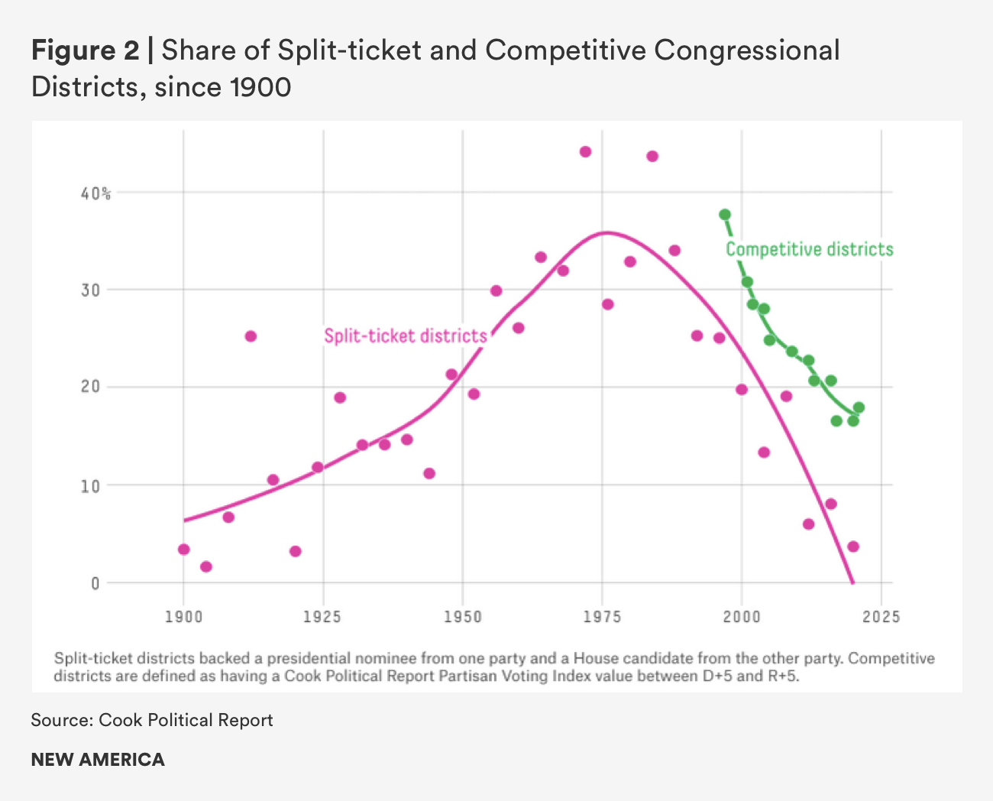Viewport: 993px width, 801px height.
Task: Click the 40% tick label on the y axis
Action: pos(95,194)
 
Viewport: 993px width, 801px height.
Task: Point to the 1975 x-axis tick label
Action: pos(603,617)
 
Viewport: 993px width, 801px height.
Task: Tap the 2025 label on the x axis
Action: pos(881,617)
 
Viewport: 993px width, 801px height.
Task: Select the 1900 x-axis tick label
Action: pos(183,617)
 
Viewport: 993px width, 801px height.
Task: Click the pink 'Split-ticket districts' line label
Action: pos(405,336)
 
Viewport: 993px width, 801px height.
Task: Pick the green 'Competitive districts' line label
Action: pos(809,250)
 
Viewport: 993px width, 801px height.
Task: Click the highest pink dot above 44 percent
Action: pos(585,151)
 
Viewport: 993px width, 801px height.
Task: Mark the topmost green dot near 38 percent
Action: pos(725,215)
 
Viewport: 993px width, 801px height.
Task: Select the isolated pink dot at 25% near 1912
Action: pos(251,336)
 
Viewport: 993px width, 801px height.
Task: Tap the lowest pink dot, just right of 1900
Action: pos(205,566)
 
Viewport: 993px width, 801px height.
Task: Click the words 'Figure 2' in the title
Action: pos(85,50)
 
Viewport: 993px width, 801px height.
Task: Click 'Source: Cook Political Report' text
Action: pos(152,720)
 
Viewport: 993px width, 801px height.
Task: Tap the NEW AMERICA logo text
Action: pos(98,760)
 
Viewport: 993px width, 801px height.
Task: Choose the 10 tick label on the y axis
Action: pos(91,486)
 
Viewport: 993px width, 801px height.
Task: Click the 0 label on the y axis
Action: pos(95,584)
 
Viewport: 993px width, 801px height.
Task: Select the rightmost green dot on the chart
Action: pos(859,407)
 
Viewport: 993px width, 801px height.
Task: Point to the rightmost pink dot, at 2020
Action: pos(853,546)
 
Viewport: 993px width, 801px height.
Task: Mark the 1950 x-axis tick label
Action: pos(463,617)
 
